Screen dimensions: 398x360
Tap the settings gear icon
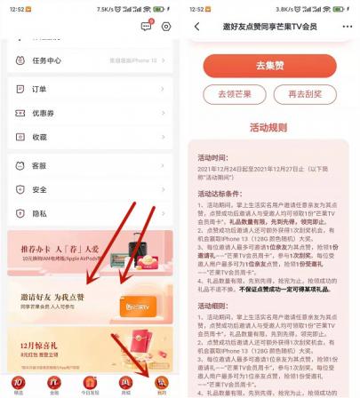pos(166,27)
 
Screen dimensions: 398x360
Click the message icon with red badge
pos(147,27)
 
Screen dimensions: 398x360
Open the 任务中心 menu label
pos(46,60)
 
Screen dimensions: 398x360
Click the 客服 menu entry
pos(39,165)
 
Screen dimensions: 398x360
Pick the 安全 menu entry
pos(39,189)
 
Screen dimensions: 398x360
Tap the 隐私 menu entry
pos(39,213)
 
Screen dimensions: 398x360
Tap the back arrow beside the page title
pos(196,27)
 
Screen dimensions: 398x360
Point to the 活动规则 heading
pos(269,126)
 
